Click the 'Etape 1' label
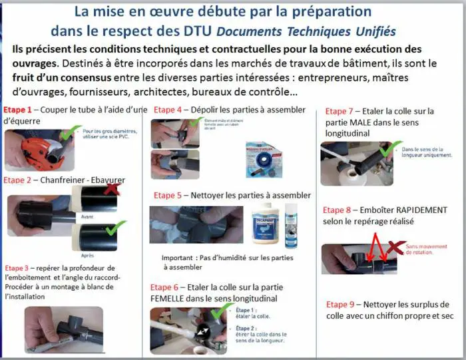[x=18, y=109]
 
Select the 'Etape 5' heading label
[x=168, y=196]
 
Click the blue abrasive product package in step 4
[x=262, y=155]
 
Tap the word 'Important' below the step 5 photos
[x=179, y=258]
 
